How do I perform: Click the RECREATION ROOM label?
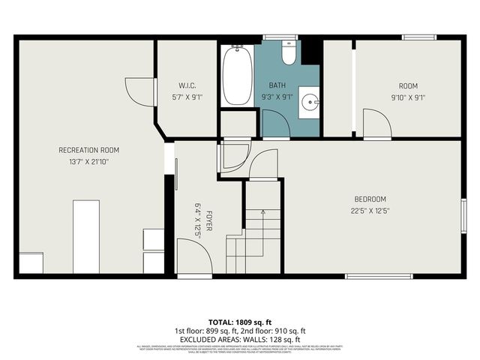tap(88, 150)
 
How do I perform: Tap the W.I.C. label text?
tap(187, 85)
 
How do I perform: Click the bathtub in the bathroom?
tap(237, 76)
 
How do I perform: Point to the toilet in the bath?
tap(289, 53)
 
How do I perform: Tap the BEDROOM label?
tap(371, 199)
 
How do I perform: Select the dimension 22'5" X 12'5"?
tap(371, 210)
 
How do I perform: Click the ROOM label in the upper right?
tap(408, 85)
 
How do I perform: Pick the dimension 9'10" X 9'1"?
tap(408, 96)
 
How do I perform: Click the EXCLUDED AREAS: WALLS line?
tap(240, 338)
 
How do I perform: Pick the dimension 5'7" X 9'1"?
tap(187, 96)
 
